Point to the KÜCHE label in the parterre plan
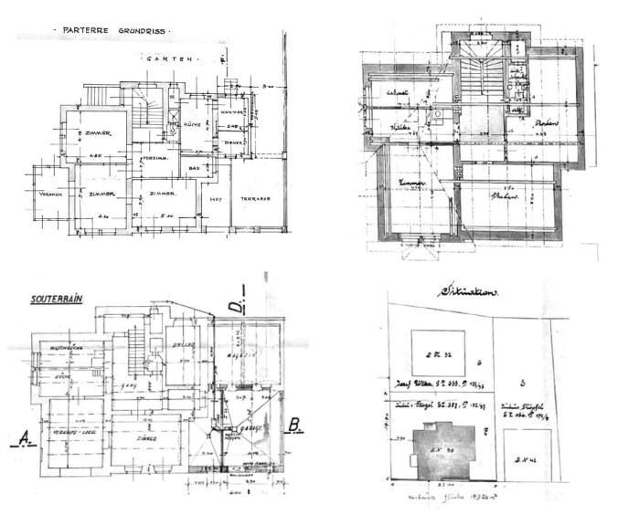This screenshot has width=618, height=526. [x=192, y=124]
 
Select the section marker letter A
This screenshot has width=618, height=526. [x=21, y=438]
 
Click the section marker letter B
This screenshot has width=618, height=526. [x=295, y=424]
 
